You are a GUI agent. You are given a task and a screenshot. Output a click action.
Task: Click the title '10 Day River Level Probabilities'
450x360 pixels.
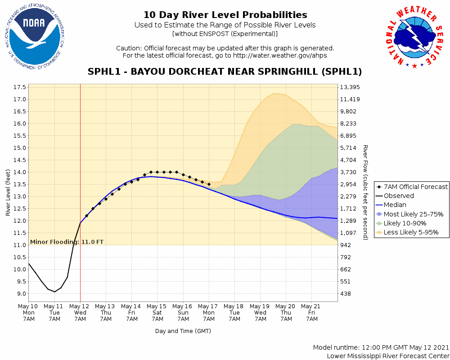coord(225,15)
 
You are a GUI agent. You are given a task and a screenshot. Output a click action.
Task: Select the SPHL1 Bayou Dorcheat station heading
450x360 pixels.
coord(225,72)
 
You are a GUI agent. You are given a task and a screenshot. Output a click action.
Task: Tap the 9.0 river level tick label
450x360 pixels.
coord(20,294)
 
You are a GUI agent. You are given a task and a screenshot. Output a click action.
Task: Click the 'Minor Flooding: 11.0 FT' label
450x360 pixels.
coord(67,242)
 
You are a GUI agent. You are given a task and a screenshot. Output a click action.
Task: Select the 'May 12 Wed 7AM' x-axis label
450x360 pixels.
coord(80,312)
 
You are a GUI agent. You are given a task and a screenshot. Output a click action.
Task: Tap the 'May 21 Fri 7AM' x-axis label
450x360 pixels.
coord(312,312)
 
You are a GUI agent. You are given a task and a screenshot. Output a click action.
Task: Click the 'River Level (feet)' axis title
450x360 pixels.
coord(8,193)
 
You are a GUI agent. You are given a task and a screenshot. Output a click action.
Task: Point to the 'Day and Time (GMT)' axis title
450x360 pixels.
coord(183,331)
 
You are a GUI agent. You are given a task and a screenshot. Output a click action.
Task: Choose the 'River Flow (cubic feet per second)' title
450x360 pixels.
coord(365,193)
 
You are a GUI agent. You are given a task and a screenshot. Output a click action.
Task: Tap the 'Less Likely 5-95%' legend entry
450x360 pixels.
coord(411,233)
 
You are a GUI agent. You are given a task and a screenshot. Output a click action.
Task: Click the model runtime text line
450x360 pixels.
coord(381,348)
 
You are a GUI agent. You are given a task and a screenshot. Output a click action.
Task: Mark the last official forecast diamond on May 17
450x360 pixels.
coord(209,184)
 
